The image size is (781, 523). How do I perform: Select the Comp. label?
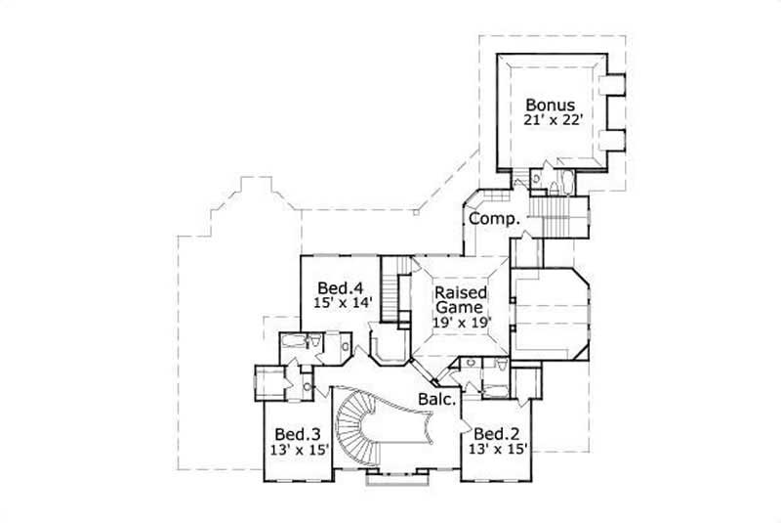pyautogui.click(x=493, y=219)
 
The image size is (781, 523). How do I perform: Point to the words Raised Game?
pyautogui.click(x=461, y=302)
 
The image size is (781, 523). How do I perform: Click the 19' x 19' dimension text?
pyautogui.click(x=461, y=320)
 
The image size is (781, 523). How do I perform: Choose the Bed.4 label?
pyautogui.click(x=341, y=288)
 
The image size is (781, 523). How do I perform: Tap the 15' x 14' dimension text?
pyautogui.click(x=341, y=304)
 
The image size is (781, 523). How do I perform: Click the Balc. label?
pyautogui.click(x=437, y=399)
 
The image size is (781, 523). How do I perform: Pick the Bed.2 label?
pyautogui.click(x=495, y=433)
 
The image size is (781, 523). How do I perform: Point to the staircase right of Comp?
pyautogui.click(x=557, y=214)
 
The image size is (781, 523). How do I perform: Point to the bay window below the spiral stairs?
pyautogui.click(x=397, y=480)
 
